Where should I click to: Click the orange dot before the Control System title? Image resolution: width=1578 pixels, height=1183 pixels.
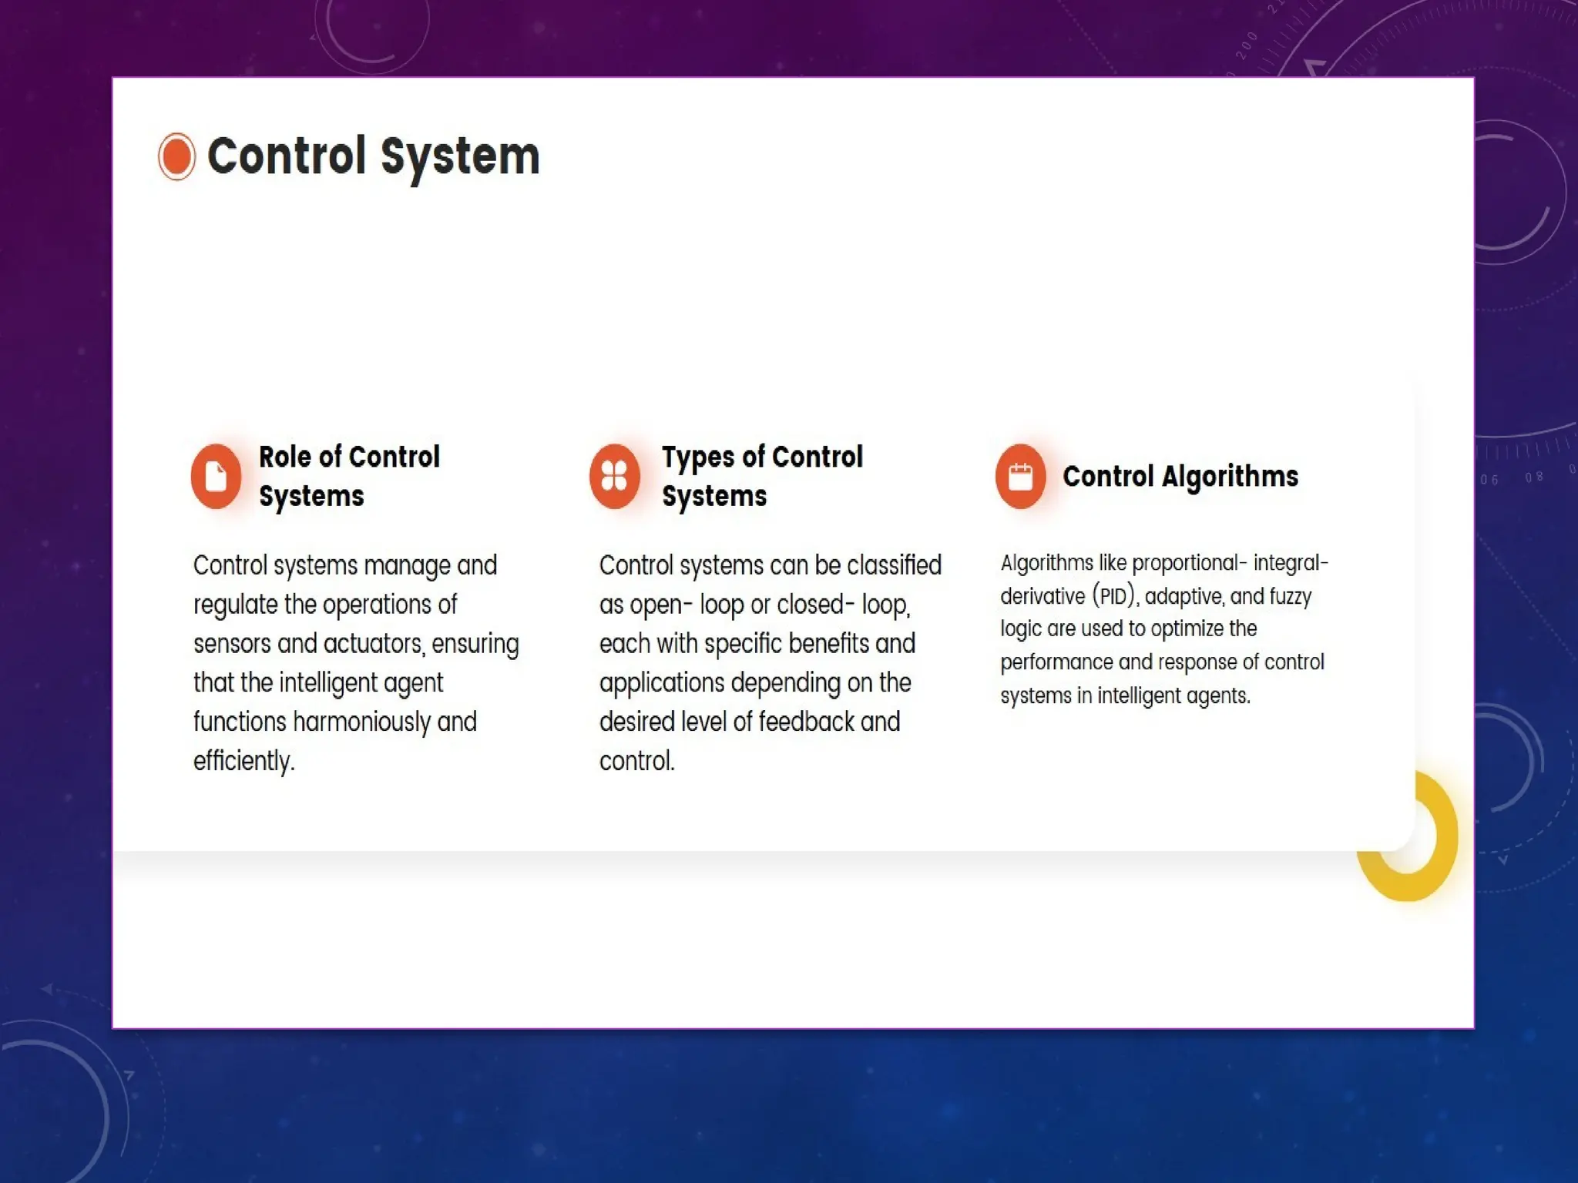pos(176,156)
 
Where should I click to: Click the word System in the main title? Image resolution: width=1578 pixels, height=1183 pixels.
pos(460,156)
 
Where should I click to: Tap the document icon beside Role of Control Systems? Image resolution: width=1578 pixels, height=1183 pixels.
pos(217,476)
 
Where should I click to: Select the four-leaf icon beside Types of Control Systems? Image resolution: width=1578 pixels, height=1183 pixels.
pos(614,476)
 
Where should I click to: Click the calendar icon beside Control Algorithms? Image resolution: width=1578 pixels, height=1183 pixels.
pos(1020,476)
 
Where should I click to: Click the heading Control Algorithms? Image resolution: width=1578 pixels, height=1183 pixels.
pos(1180,476)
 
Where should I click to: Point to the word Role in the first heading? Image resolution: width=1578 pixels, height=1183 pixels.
pos(285,457)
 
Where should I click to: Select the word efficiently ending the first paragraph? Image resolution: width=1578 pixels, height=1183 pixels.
pos(243,761)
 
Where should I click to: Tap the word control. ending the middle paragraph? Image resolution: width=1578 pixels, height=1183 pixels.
pos(636,761)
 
